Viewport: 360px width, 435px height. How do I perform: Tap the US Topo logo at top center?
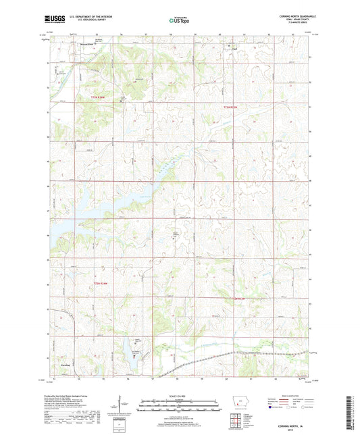coord(179,21)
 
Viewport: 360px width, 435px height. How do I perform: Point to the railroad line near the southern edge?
coord(203,359)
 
